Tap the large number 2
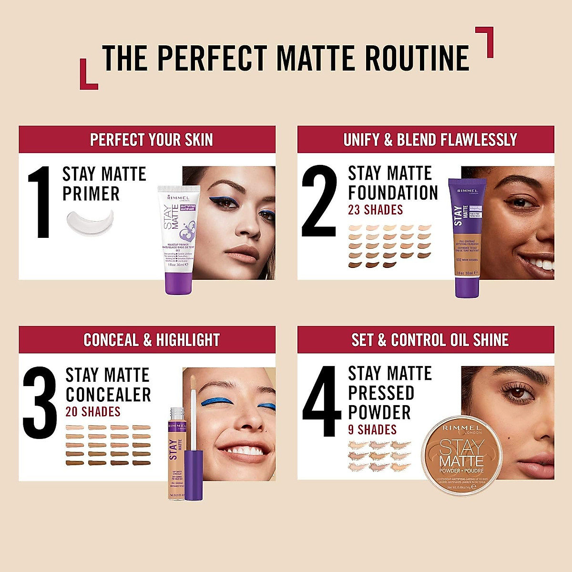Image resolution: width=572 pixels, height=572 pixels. (319, 201)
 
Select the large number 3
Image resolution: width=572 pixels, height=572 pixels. (40, 403)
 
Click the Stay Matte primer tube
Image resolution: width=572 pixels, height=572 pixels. (179, 238)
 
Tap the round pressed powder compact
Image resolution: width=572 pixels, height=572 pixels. (462, 454)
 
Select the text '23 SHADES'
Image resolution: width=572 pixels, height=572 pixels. (375, 210)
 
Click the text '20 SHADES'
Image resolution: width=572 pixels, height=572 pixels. (92, 411)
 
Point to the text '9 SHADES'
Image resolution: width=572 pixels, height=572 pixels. (372, 429)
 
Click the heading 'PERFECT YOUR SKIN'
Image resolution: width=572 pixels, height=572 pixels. (151, 140)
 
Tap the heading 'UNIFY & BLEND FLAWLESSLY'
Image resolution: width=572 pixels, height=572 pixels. (430, 140)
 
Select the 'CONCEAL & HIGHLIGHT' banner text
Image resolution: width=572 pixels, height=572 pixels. (151, 340)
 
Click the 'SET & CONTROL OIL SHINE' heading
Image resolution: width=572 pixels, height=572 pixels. (430, 340)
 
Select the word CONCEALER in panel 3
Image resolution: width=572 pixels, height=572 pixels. (108, 395)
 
